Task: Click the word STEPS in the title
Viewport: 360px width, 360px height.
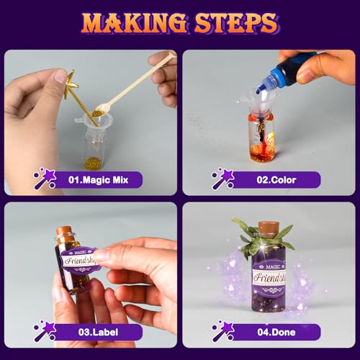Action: point(235,22)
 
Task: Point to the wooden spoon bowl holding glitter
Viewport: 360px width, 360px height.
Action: point(102,109)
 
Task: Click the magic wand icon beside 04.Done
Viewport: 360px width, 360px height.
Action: point(222,331)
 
